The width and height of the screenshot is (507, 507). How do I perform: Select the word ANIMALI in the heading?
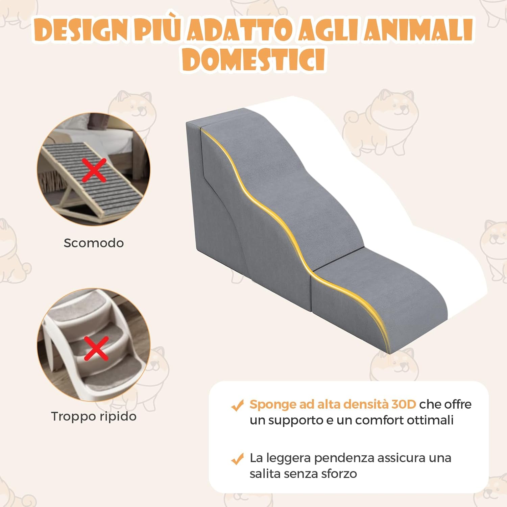pyautogui.click(x=418, y=30)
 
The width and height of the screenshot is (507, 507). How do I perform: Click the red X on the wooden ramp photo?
pyautogui.click(x=94, y=170)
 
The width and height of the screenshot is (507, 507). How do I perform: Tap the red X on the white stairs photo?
pyautogui.click(x=96, y=348)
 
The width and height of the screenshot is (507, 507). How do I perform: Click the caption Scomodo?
pyautogui.click(x=94, y=243)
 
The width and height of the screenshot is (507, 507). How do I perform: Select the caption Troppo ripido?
pyautogui.click(x=94, y=416)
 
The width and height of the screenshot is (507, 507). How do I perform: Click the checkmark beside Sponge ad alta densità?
pyautogui.click(x=237, y=405)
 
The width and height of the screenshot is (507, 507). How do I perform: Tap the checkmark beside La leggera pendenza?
pyautogui.click(x=237, y=459)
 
